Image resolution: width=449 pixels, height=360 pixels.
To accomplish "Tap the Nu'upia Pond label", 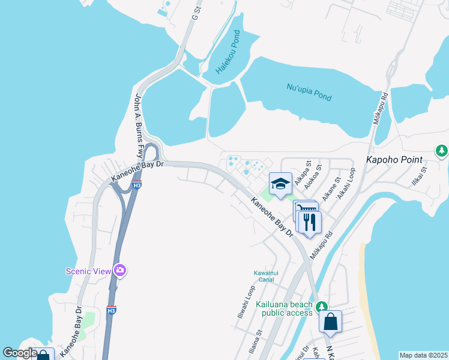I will pyautogui.click(x=309, y=92).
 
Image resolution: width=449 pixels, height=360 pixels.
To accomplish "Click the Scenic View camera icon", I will pyautogui.click(x=120, y=271).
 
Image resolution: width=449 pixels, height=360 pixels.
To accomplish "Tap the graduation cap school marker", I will pyautogui.click(x=280, y=184).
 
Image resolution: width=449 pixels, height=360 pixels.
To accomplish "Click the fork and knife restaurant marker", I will pyautogui.click(x=309, y=222).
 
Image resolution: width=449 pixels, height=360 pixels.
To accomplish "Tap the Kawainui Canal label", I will pyautogui.click(x=264, y=276).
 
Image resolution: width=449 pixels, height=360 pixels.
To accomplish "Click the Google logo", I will pyautogui.click(x=20, y=353).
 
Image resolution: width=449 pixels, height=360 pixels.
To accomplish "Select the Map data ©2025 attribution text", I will pyautogui.click(x=423, y=355).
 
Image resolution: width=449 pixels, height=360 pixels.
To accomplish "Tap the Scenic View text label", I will pyautogui.click(x=88, y=271).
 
